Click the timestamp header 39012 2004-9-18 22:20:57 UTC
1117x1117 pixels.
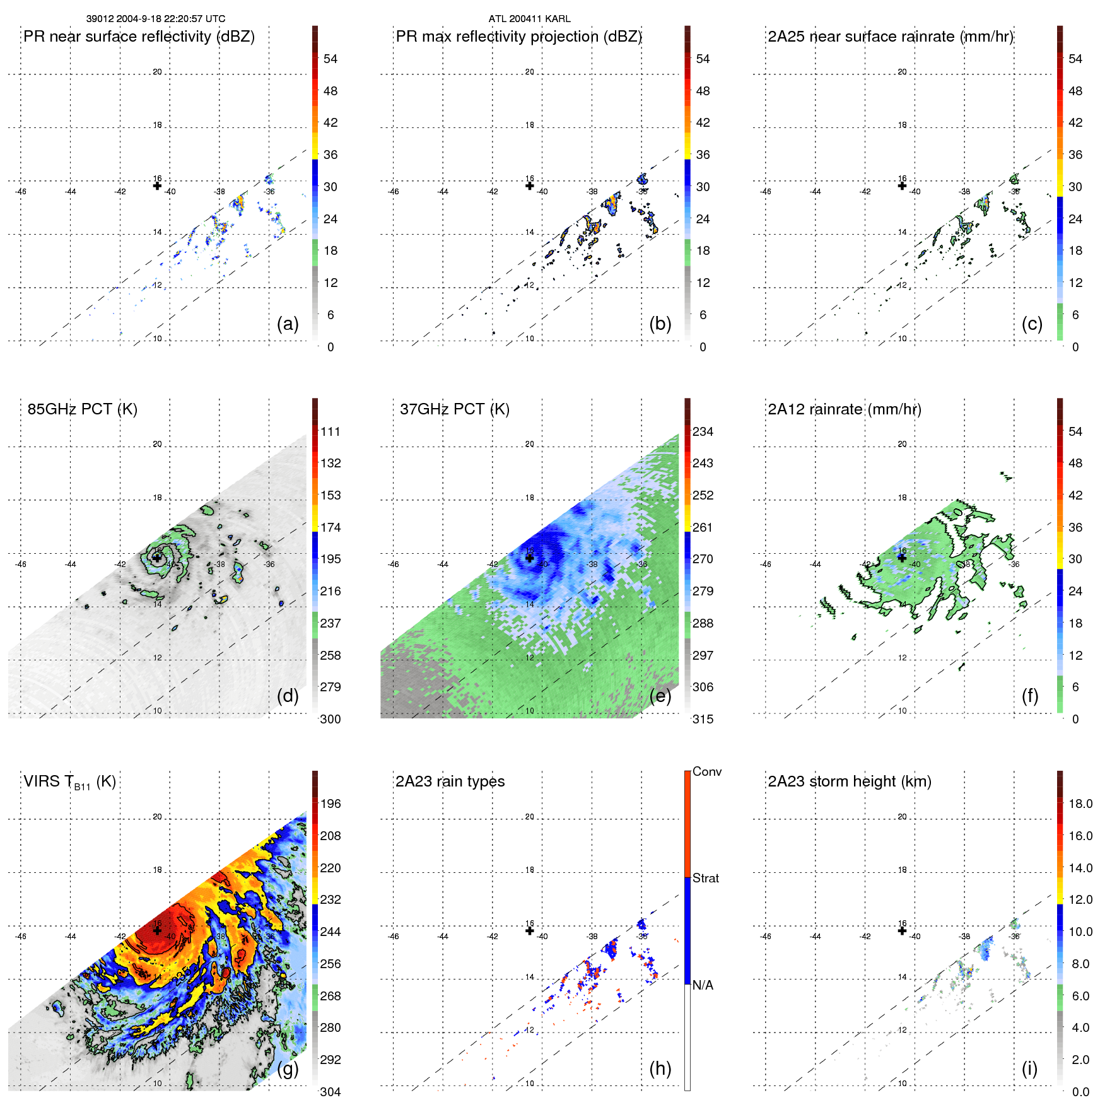(x=156, y=19)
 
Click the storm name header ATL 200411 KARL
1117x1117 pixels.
(x=529, y=19)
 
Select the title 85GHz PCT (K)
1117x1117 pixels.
(x=82, y=409)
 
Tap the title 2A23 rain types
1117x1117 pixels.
(x=450, y=781)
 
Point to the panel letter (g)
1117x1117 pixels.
(x=288, y=1068)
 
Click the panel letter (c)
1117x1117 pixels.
(x=1032, y=324)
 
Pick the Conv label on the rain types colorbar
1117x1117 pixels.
(x=707, y=771)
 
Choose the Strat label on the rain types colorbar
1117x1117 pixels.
(x=706, y=878)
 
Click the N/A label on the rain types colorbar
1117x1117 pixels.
(x=703, y=985)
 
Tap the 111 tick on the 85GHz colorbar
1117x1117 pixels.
(x=330, y=431)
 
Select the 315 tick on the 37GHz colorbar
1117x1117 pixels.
(x=703, y=719)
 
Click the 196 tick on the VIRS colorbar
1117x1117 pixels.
(x=330, y=804)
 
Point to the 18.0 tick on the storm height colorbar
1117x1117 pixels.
(x=1080, y=804)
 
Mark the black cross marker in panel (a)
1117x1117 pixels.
(x=157, y=185)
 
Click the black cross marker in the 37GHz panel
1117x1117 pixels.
(x=530, y=558)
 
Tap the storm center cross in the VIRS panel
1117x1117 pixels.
(x=157, y=930)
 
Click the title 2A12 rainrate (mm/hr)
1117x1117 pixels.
(x=845, y=409)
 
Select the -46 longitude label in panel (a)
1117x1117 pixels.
(x=21, y=192)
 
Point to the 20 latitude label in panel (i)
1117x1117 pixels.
(x=903, y=817)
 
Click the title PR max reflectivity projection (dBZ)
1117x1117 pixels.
(x=518, y=37)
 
